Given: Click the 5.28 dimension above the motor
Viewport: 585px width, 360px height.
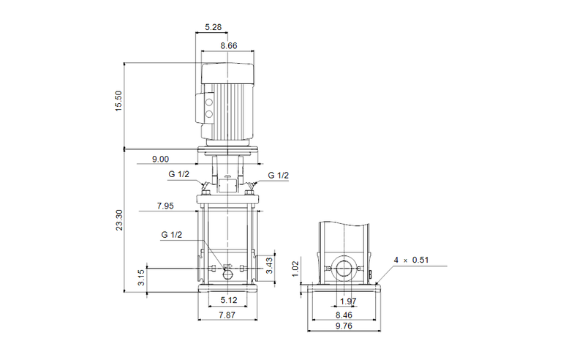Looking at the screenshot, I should point(214,28).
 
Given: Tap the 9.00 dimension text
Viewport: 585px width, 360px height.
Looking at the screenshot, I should point(160,159).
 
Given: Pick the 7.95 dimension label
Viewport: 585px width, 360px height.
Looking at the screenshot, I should point(165,206).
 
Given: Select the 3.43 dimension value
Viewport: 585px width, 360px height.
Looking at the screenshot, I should point(269,266).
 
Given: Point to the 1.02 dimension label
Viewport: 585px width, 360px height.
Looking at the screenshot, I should point(295,267).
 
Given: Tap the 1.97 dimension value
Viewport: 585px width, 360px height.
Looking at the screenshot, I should point(349,301).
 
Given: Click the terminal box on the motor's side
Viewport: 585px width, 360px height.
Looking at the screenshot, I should point(206,106).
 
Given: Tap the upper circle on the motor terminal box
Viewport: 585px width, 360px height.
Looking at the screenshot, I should point(208,102).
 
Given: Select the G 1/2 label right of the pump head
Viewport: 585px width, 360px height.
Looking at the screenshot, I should point(278,176).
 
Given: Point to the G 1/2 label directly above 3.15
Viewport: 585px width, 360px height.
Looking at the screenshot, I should point(172,234).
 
